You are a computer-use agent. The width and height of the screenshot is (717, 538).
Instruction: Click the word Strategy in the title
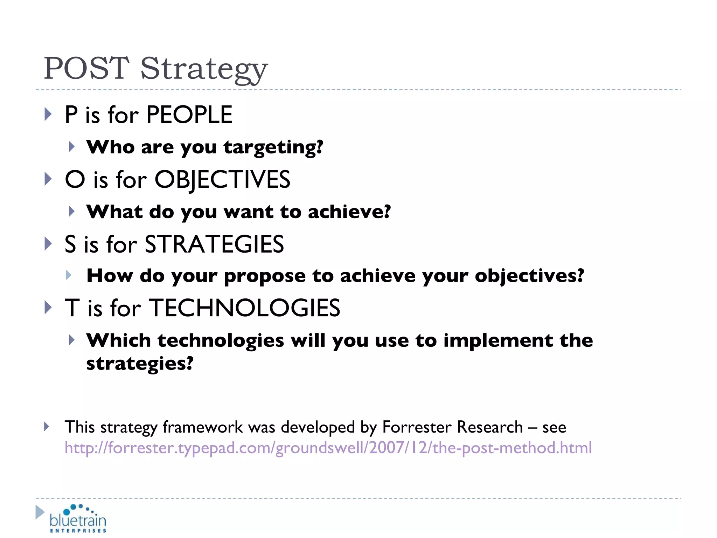click(x=204, y=69)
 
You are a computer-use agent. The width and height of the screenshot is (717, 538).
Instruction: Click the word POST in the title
click(x=86, y=68)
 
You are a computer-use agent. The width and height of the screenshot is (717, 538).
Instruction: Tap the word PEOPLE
click(x=189, y=115)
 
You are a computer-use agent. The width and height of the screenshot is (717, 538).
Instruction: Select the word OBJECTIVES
click(x=222, y=180)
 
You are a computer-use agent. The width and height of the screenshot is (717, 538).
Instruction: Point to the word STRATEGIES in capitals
click(x=214, y=244)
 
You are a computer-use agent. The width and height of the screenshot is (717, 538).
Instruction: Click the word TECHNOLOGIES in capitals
click(x=245, y=308)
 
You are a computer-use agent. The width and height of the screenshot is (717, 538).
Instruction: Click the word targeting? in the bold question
click(x=273, y=147)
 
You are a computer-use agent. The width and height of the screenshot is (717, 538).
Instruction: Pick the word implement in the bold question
click(x=497, y=340)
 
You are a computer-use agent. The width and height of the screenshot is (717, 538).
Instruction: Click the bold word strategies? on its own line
click(x=140, y=364)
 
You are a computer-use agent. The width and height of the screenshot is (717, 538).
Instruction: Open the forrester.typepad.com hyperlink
click(x=328, y=448)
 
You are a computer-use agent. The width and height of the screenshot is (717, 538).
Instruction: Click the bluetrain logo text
click(x=78, y=520)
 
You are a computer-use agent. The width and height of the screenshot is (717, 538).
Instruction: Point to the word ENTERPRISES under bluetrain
click(x=78, y=531)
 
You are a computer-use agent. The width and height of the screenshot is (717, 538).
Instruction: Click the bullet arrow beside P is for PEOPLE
click(x=48, y=115)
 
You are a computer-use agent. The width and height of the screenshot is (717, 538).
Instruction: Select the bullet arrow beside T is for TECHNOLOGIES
click(x=48, y=308)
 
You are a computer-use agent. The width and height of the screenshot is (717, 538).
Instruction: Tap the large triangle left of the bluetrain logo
click(x=40, y=512)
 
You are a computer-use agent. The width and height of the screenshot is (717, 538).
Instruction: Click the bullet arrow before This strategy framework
click(x=47, y=426)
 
